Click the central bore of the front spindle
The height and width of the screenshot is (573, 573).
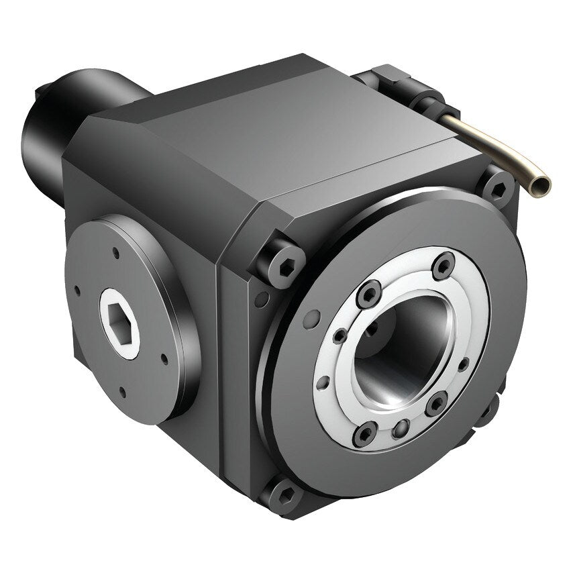396,349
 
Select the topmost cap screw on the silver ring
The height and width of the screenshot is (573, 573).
443,265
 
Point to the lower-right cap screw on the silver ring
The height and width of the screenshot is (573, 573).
436,403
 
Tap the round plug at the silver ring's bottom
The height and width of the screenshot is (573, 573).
401,429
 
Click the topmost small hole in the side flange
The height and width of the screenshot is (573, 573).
116,253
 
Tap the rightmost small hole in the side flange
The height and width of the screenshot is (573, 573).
164,358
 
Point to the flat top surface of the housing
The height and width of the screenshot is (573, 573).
289,127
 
